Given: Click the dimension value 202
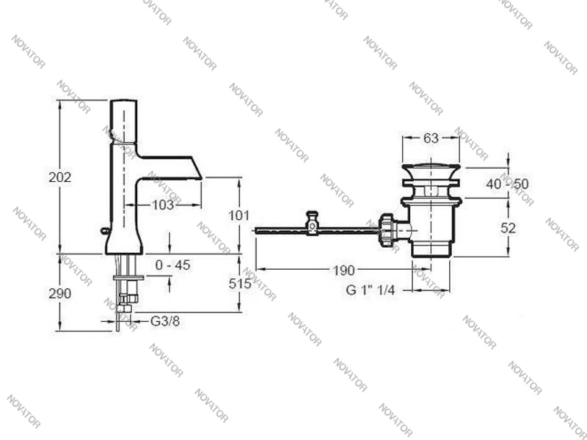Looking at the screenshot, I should point(60,177).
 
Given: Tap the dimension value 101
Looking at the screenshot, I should point(239,216).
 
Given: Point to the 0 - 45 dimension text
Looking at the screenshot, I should point(172,265).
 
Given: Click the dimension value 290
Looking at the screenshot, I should point(60,293).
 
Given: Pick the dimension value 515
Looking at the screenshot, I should point(239,284).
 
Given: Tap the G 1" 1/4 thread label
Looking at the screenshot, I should point(371,290).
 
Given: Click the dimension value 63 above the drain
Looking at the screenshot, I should point(431,139).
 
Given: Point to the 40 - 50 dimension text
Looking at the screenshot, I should point(507,183).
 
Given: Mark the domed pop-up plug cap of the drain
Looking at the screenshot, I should point(431,170).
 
